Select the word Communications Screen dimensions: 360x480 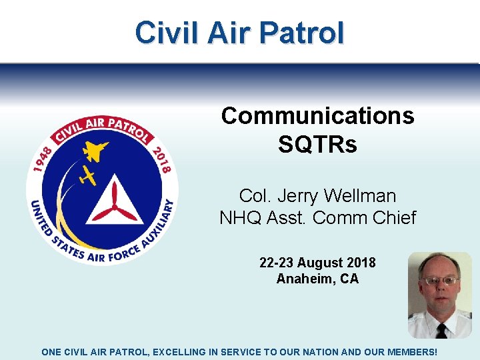coord(317,116)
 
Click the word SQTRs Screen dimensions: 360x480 coord(317,144)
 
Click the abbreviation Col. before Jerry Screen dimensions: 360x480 coord(253,196)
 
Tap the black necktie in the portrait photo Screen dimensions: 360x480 coord(441,331)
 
